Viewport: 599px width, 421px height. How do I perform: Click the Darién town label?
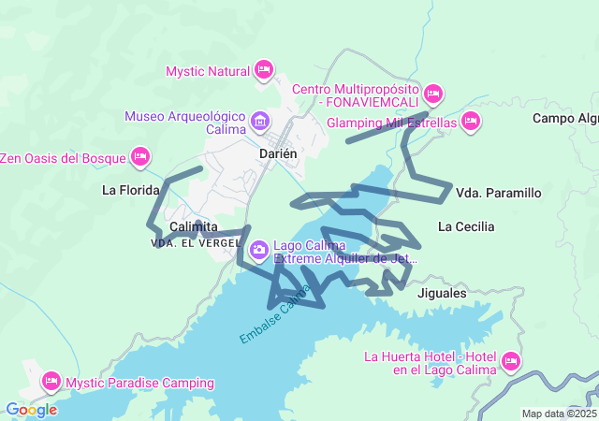click(x=277, y=152)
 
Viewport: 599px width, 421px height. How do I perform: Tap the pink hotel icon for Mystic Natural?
click(x=264, y=70)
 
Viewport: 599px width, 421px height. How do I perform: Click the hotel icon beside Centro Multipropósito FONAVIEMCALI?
click(x=432, y=94)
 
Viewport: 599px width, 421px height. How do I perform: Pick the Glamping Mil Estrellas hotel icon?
click(x=471, y=121)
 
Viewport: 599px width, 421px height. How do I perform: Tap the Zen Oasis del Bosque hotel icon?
click(x=140, y=156)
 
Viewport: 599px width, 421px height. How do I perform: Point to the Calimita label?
click(x=194, y=227)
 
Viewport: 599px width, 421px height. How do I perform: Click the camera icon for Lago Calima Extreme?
click(x=258, y=250)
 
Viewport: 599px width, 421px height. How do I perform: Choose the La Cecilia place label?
click(x=466, y=226)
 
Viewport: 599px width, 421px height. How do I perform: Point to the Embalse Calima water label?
click(x=273, y=318)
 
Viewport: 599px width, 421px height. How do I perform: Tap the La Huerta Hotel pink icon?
click(x=510, y=361)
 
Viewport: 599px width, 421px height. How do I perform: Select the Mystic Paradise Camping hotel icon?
click(x=51, y=381)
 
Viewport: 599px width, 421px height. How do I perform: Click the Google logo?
click(x=31, y=410)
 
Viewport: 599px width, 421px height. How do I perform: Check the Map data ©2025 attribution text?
click(x=558, y=414)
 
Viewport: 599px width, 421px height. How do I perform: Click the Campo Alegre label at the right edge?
click(x=564, y=118)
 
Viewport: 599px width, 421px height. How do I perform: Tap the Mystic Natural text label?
click(x=207, y=71)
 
